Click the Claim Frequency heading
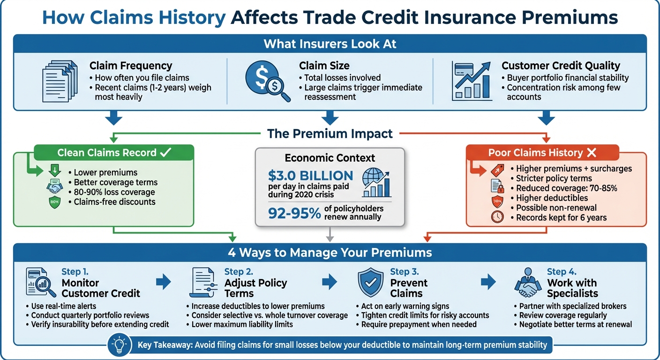(131, 66)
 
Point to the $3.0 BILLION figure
(310, 176)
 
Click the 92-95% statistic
(294, 213)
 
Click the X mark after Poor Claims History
(592, 153)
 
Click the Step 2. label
(240, 272)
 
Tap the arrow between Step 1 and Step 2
(163, 282)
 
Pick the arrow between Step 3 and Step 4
(488, 282)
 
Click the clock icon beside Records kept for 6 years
(497, 217)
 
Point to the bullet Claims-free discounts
(115, 202)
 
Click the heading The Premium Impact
(330, 134)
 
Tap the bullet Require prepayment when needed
(419, 324)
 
